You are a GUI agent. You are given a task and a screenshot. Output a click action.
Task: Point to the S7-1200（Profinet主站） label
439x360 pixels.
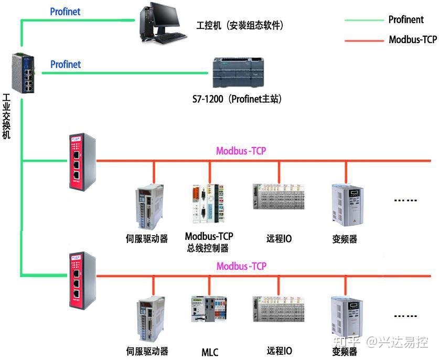(x=237, y=98)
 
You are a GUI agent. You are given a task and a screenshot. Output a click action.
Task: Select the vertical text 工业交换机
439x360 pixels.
(x=7, y=116)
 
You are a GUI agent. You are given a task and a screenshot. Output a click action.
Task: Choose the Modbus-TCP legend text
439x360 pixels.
(x=412, y=40)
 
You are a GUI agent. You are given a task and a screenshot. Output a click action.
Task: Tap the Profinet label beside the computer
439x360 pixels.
(x=66, y=11)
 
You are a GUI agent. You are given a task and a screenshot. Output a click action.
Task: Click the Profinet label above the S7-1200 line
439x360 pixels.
(x=66, y=65)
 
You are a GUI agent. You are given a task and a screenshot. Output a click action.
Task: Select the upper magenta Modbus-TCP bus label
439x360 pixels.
(x=241, y=151)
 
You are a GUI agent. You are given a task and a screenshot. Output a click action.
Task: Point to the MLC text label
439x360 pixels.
(x=210, y=352)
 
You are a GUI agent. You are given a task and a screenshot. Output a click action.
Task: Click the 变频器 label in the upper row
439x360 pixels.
(x=345, y=239)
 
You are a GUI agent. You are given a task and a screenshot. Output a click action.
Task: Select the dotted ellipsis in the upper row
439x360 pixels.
(x=405, y=200)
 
